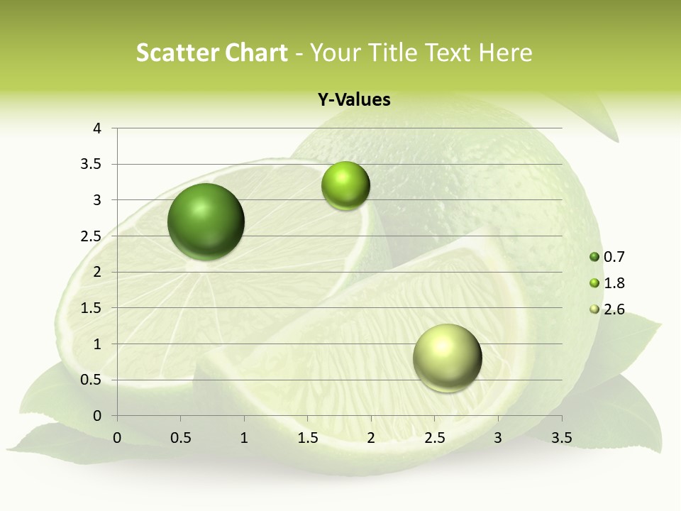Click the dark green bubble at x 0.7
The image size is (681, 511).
pyautogui.click(x=206, y=221)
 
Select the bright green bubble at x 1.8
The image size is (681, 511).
pyautogui.click(x=345, y=186)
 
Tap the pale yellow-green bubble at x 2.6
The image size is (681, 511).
pyautogui.click(x=447, y=358)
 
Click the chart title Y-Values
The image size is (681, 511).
pyautogui.click(x=353, y=100)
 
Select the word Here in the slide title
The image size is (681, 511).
pyautogui.click(x=505, y=53)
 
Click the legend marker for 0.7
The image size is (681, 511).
pyautogui.click(x=594, y=257)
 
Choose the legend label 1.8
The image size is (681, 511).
pyautogui.click(x=614, y=283)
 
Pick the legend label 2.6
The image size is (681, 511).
pyautogui.click(x=614, y=309)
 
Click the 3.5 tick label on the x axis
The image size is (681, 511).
pyautogui.click(x=561, y=438)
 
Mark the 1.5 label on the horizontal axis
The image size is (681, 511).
pyautogui.click(x=307, y=438)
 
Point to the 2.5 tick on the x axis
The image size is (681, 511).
pyautogui.click(x=434, y=438)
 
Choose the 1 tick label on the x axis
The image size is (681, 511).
pyautogui.click(x=244, y=438)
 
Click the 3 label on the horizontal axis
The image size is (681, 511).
pyautogui.click(x=498, y=438)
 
